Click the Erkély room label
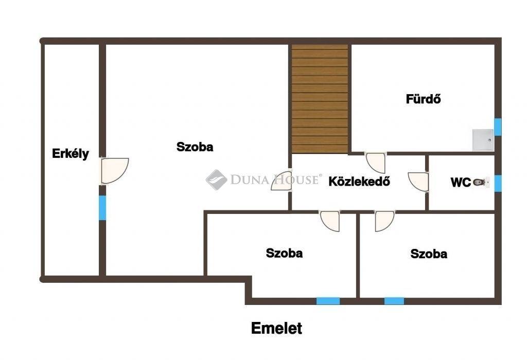point(70,153)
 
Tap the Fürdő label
point(423,99)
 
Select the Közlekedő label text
point(359,181)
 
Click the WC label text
point(461,183)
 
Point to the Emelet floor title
point(276,328)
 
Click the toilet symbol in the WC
point(481,182)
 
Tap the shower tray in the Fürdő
point(483,140)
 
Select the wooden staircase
point(320,99)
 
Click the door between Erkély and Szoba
point(114,171)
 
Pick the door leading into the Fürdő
point(375,163)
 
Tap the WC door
point(418,182)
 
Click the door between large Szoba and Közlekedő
point(282,181)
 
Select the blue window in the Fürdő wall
point(498,127)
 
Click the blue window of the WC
point(498,184)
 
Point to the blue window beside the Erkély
point(102,208)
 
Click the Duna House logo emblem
point(217,179)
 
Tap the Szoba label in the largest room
point(195,147)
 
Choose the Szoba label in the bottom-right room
point(429,254)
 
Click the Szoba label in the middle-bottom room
point(284,253)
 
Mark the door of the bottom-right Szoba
point(384,221)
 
